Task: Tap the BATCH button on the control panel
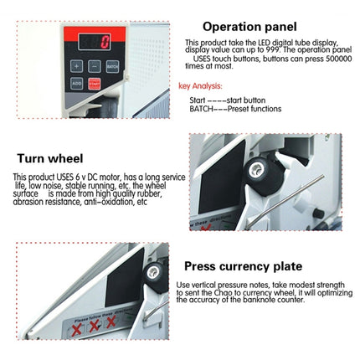coord(113,64)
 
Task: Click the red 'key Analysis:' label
coord(200,85)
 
